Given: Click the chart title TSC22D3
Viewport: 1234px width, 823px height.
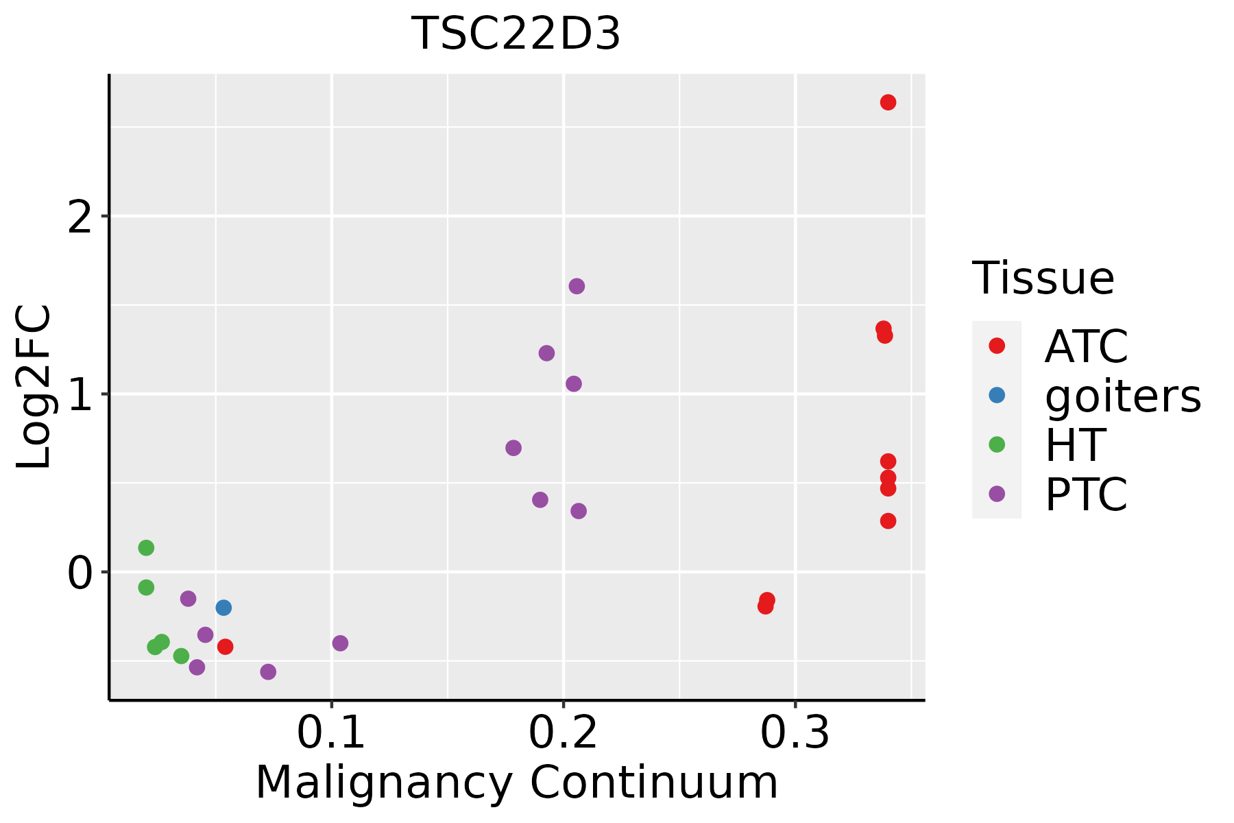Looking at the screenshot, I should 516,34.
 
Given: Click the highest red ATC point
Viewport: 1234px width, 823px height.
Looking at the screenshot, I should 888,102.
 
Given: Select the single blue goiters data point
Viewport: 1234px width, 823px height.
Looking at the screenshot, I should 223,608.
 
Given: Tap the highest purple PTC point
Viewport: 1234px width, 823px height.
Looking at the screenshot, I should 577,286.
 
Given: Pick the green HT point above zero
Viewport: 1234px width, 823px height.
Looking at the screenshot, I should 146,548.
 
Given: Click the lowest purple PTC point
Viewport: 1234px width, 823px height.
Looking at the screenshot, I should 268,671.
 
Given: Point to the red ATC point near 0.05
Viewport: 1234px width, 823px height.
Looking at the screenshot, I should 225,647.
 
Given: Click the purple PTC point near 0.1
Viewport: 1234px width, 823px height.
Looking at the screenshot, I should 340,643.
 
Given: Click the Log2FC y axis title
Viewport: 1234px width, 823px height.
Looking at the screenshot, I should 34,387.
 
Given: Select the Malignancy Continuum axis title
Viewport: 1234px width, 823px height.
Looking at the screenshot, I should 517,783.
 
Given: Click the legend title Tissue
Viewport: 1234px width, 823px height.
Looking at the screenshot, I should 1043,278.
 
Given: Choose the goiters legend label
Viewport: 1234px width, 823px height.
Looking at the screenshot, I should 1122,396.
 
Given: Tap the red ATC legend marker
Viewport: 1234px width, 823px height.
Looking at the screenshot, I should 997,346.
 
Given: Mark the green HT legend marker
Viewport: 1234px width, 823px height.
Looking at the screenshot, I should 997,444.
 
